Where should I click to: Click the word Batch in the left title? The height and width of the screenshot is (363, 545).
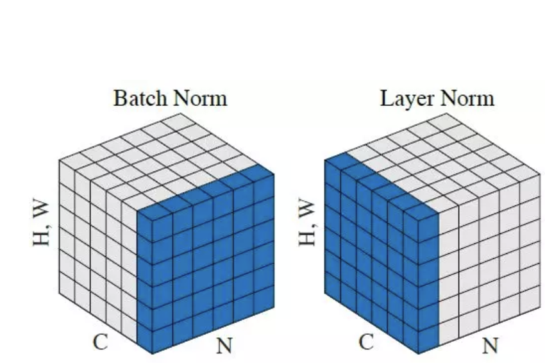pos(137,98)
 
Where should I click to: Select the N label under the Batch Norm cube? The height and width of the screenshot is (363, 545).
pos(223,347)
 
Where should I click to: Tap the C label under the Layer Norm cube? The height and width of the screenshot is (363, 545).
pos(365,342)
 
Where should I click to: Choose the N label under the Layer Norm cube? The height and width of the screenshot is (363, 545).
pos(490,347)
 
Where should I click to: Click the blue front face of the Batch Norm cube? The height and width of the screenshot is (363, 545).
pos(205,269)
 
